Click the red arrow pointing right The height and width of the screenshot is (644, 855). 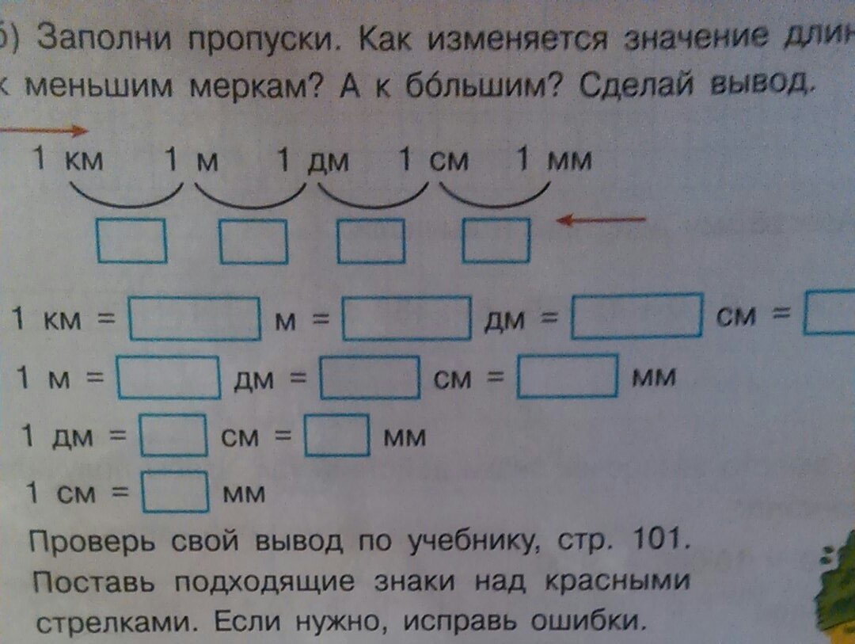coord(44,129)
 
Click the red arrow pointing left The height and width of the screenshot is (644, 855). coord(602,221)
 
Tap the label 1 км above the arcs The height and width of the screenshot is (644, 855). coord(68,162)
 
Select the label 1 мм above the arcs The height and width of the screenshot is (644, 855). coord(553,162)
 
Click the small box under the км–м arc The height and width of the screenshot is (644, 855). coord(131,241)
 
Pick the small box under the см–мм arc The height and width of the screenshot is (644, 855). coord(496,241)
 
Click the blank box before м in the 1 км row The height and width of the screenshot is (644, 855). coord(195,318)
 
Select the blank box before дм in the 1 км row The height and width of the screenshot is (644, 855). coord(407,318)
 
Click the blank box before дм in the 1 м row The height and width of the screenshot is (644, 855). coord(169,377)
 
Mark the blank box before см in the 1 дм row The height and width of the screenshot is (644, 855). coord(173,435)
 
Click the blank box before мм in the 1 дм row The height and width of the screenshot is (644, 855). coord(337,435)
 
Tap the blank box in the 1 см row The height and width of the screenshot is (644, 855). coord(175,493)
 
